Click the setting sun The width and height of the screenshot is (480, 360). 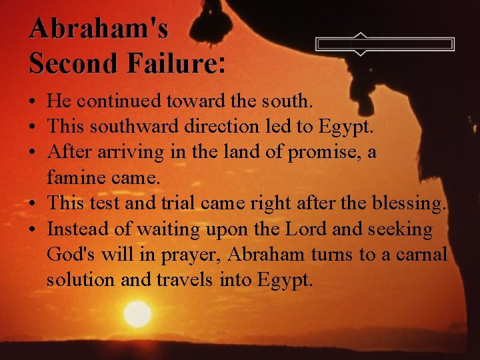pos(137,314)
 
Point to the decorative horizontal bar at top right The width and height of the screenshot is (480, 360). pos(385,44)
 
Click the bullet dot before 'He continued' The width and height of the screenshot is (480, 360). pos(32,103)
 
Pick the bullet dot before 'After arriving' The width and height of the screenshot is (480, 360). pos(32,153)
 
